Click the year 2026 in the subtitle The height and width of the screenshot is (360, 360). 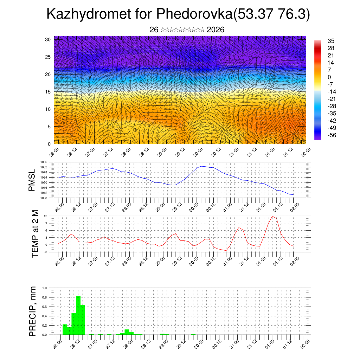tap(216, 30)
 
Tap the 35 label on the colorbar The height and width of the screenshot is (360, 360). tap(331, 41)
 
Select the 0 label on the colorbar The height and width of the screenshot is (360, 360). tap(329, 77)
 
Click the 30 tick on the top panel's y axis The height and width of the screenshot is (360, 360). tap(48, 39)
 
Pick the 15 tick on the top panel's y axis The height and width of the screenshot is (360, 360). tap(48, 92)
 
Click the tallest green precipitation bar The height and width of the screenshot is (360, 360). tap(78, 315)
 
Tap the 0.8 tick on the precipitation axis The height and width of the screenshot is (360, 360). tap(45, 297)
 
